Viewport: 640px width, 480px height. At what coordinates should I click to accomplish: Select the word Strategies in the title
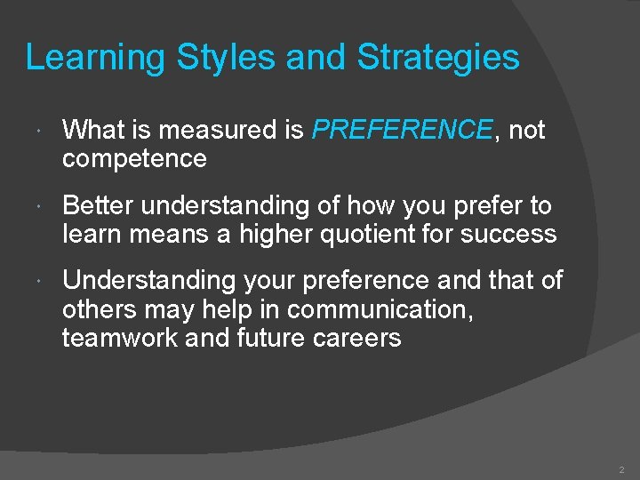pos(438,58)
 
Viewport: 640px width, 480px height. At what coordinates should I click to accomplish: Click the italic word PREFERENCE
pos(402,131)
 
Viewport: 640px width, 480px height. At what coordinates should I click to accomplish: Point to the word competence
pos(134,159)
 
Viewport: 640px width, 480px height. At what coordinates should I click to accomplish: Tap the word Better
pos(98,206)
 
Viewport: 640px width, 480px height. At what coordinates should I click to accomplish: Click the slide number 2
pos(621,468)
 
